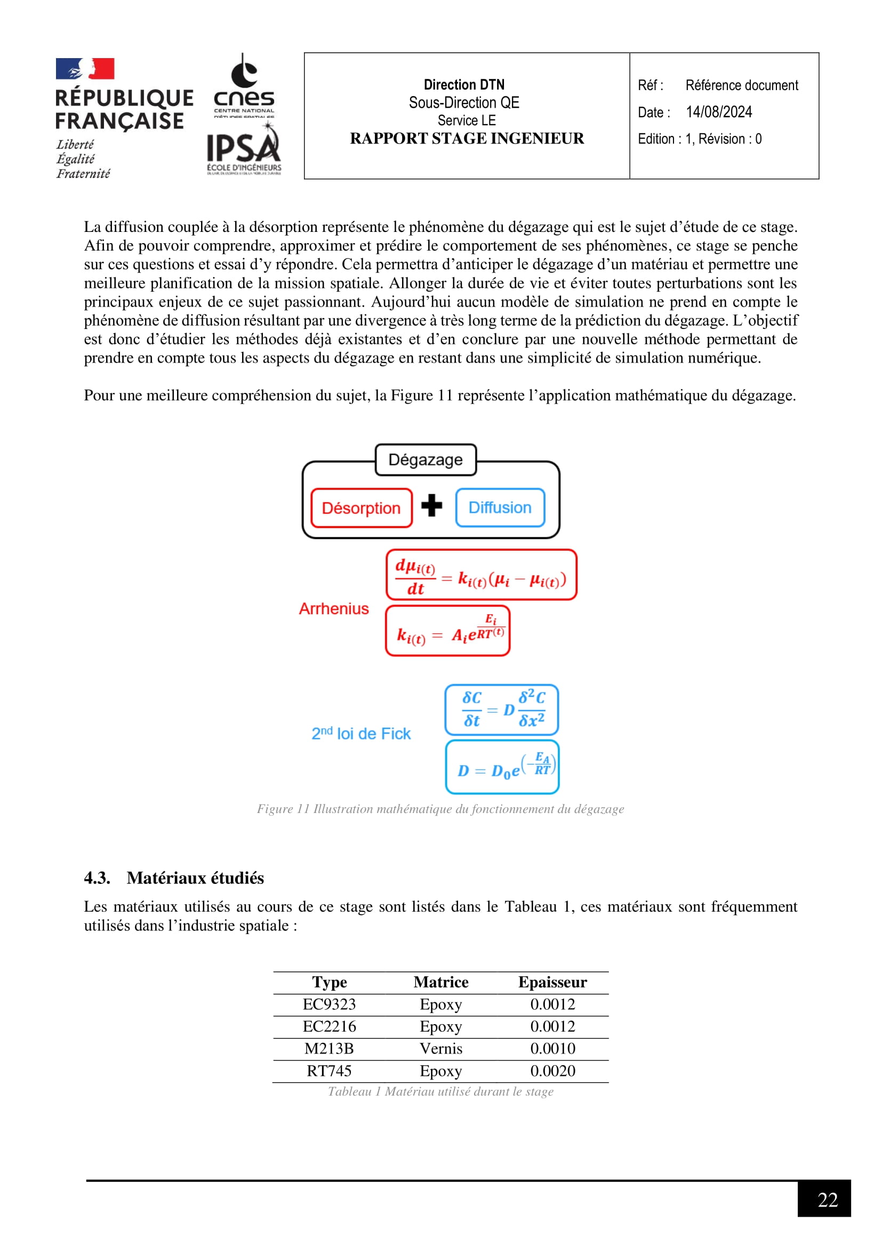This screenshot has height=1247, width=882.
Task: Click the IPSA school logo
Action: tap(244, 150)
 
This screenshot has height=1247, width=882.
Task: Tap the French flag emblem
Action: tap(85, 69)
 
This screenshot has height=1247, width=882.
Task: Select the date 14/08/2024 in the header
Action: tap(718, 112)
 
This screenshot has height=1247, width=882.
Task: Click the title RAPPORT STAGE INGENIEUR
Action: tap(467, 139)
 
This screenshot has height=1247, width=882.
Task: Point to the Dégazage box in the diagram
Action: tap(425, 460)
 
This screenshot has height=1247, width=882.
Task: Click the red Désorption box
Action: tap(361, 508)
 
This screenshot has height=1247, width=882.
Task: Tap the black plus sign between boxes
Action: tap(432, 505)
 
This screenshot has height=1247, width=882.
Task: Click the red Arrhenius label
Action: tap(333, 608)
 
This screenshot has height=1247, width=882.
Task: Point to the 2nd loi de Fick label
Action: tap(360, 733)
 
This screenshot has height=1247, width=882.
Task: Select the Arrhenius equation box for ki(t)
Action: tap(447, 631)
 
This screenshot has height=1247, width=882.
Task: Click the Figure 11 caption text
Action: tap(440, 809)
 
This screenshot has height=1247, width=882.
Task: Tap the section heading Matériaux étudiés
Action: tap(195, 878)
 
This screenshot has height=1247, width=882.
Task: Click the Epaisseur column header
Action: tap(552, 982)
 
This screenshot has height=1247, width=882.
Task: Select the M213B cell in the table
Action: tap(329, 1048)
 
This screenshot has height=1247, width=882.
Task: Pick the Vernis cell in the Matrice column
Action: tap(440, 1048)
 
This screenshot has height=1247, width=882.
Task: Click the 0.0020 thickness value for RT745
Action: tap(552, 1071)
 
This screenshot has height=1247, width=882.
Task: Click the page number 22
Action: tap(827, 1199)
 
